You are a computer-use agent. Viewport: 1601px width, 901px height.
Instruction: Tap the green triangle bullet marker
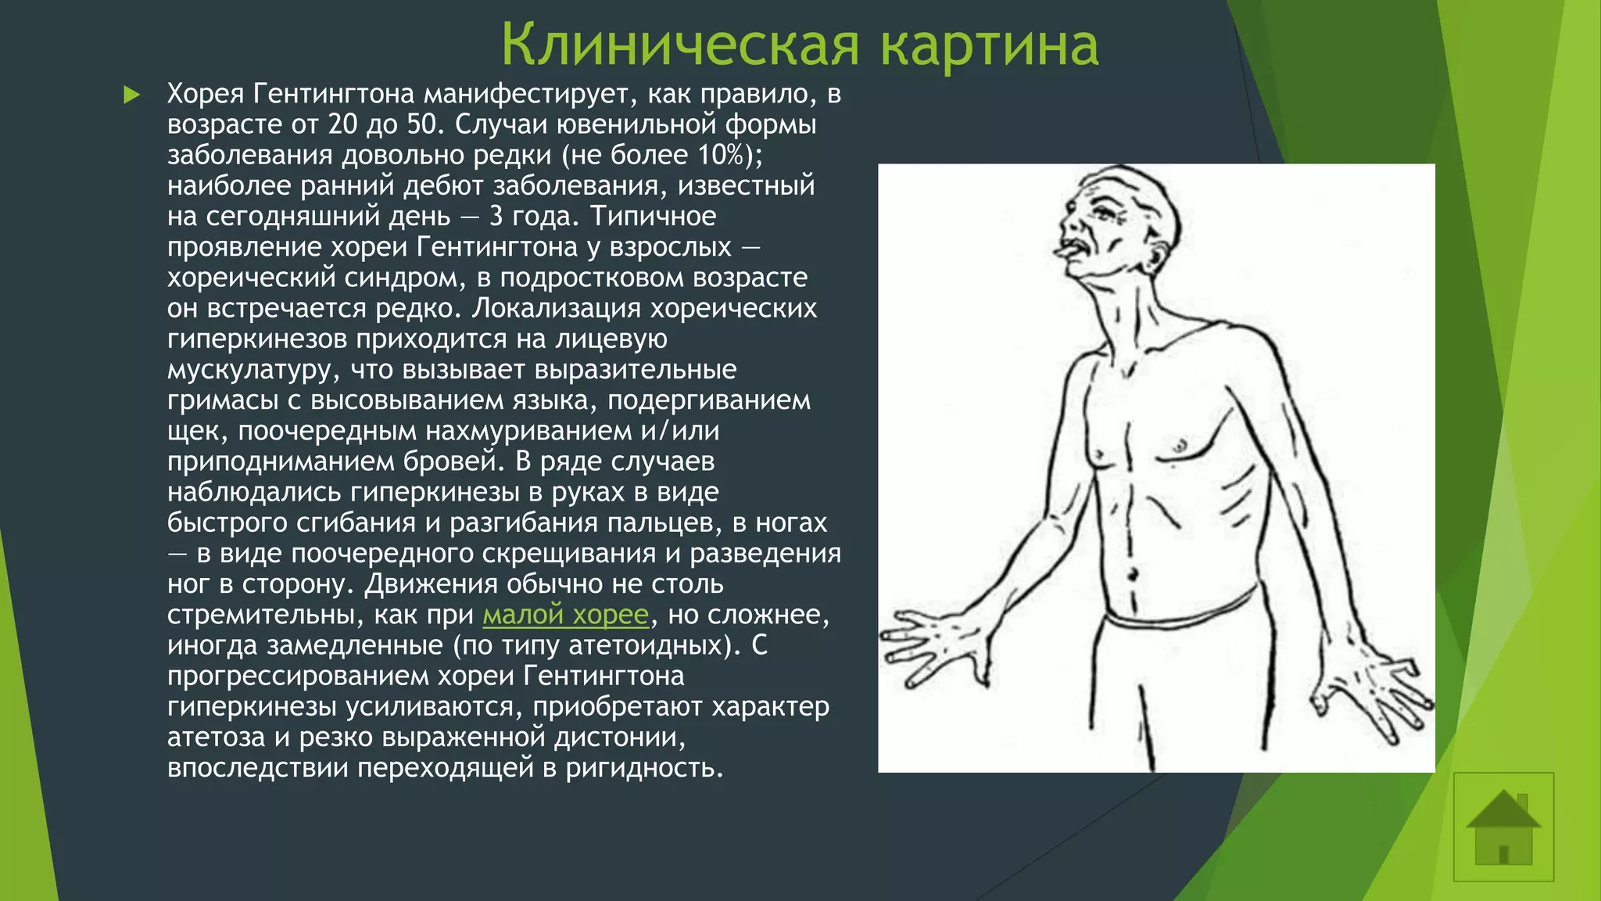tap(131, 95)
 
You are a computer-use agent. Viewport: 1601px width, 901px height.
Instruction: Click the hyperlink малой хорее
tap(565, 615)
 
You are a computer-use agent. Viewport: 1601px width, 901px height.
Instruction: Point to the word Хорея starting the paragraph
tap(205, 94)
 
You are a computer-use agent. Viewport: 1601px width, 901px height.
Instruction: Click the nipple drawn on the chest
tap(1180, 447)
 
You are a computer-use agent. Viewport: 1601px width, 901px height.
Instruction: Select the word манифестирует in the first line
tap(523, 94)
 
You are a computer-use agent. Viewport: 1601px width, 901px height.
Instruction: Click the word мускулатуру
tap(250, 369)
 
